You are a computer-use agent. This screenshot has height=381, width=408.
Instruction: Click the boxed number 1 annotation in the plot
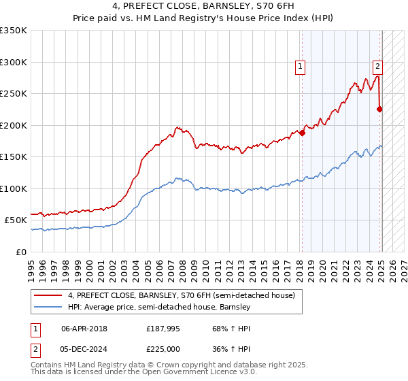[300, 67]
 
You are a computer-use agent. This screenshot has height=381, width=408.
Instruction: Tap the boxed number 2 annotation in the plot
[377, 67]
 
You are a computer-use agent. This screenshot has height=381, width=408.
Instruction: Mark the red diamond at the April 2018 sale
[302, 133]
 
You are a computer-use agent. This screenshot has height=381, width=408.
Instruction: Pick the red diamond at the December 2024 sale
[379, 109]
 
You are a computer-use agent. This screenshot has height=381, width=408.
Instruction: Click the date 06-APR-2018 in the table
[84, 329]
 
